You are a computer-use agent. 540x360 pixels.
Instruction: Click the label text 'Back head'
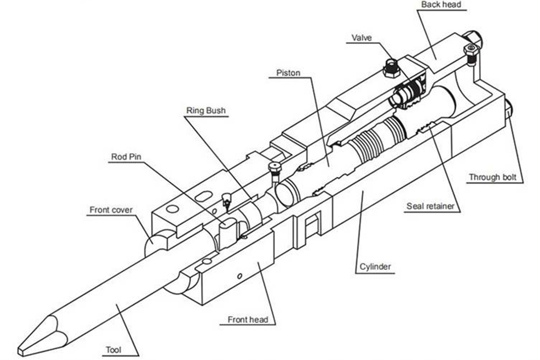click(441, 5)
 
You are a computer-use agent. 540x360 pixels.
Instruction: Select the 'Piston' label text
click(288, 72)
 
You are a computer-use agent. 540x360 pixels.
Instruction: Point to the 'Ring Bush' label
click(206, 111)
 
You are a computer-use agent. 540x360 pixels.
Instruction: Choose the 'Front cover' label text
click(111, 210)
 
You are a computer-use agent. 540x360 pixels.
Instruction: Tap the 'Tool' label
click(114, 350)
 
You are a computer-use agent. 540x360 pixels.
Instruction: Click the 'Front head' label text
click(248, 320)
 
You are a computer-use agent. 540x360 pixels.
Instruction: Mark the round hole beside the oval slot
click(172, 208)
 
